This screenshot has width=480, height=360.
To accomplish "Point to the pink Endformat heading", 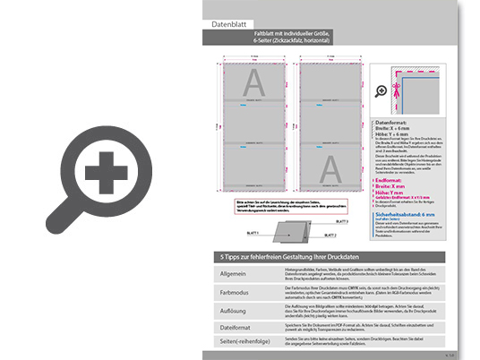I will [390, 180].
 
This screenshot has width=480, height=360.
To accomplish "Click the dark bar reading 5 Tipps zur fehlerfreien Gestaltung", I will [287, 257].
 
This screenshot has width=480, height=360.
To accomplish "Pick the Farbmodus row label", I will [233, 291].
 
